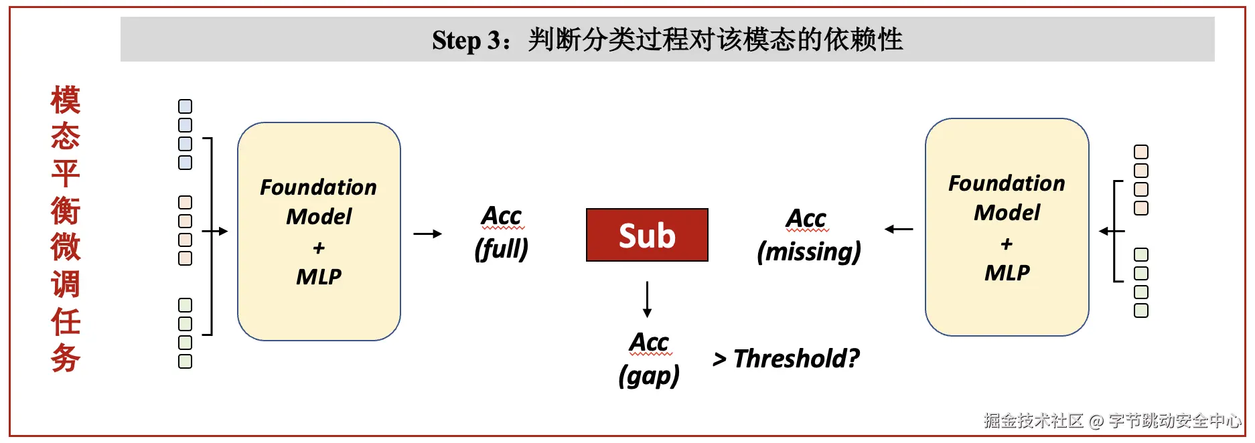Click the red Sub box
click(x=647, y=235)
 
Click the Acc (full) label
click(x=502, y=233)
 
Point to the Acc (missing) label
click(x=809, y=236)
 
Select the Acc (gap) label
click(x=649, y=359)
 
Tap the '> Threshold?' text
click(x=786, y=359)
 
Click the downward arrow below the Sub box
click(x=647, y=299)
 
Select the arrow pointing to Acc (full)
click(x=428, y=234)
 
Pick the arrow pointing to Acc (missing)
click(x=899, y=230)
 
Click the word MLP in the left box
click(x=319, y=276)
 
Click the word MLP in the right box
click(x=1007, y=272)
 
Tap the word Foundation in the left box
click(x=318, y=187)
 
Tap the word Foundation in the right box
click(x=1007, y=183)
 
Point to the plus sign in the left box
click(x=319, y=248)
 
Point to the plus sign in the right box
click(x=1007, y=244)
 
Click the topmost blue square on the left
click(x=186, y=106)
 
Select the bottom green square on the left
click(x=186, y=361)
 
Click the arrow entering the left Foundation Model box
click(x=215, y=232)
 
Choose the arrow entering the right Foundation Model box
click(x=1112, y=232)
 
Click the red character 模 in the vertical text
click(x=66, y=100)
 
